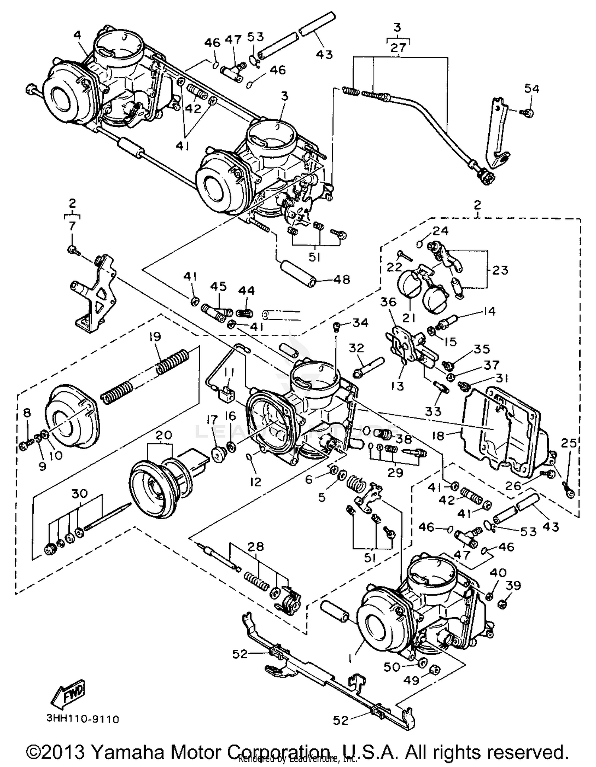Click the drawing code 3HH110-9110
coord(83,719)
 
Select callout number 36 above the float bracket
coord(388,302)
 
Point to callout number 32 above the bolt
coord(356,348)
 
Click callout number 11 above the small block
coord(229,373)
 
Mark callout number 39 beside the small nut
coord(513,586)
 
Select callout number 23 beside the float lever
coord(500,270)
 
